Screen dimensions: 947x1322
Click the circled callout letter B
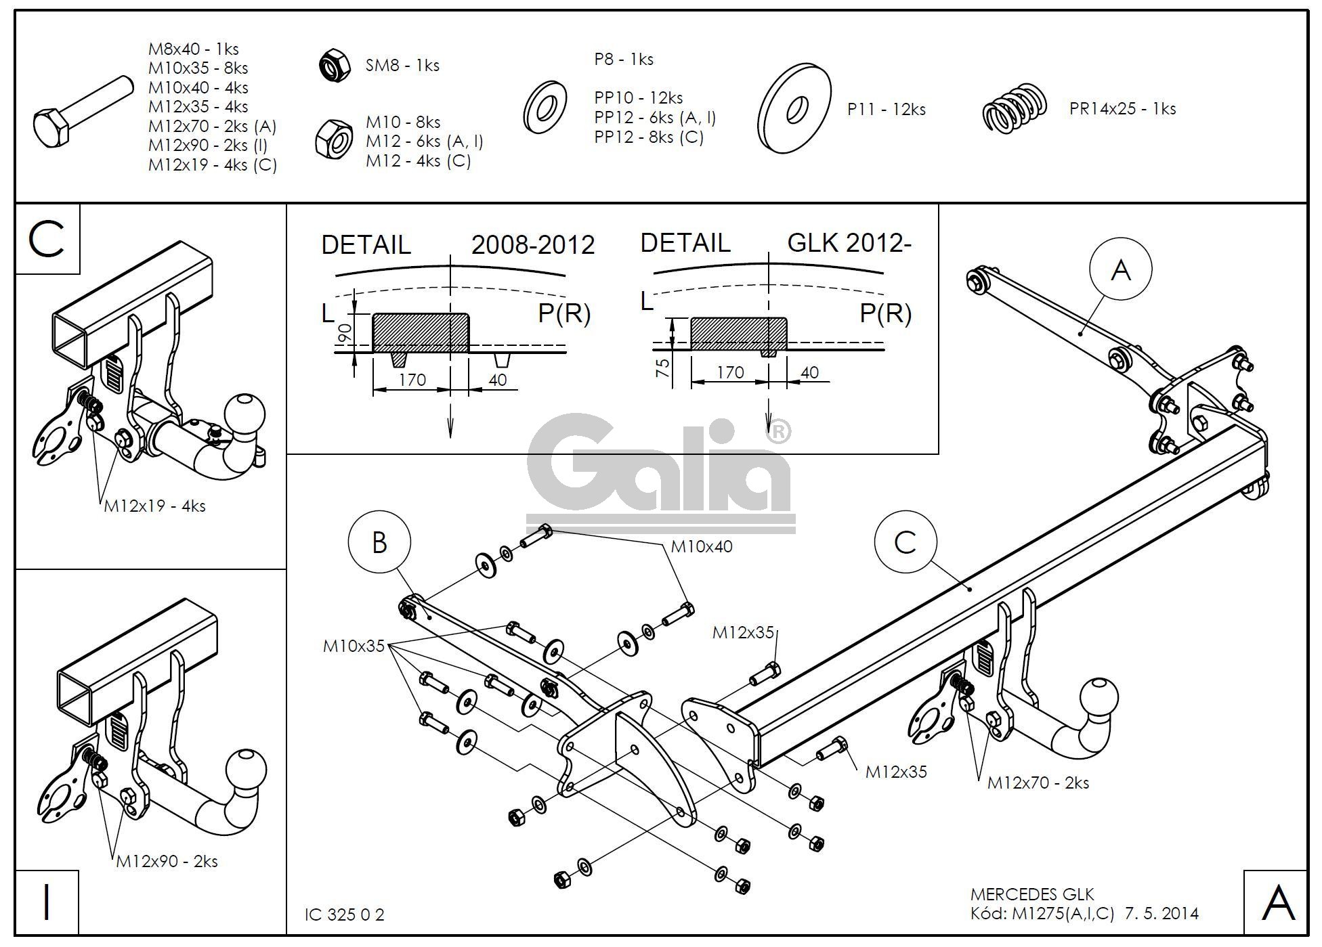(x=379, y=542)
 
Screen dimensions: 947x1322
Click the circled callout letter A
(x=1120, y=270)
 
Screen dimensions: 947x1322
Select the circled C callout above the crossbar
(x=905, y=542)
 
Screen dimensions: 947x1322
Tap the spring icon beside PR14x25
(x=1014, y=108)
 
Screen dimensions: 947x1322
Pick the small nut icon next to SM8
(x=334, y=66)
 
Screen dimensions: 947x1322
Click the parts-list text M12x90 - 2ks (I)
(x=208, y=146)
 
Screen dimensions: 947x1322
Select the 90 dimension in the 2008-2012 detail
(x=344, y=333)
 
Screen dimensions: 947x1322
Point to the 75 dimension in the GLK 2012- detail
(x=663, y=367)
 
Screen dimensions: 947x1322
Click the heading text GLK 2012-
(x=849, y=243)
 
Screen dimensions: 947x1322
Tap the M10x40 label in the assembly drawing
(x=701, y=546)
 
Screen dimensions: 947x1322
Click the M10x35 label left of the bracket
(x=354, y=646)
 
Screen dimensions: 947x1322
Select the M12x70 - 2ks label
(x=1038, y=783)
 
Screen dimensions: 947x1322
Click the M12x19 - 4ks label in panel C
(x=154, y=506)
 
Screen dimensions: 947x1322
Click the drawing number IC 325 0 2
(x=345, y=915)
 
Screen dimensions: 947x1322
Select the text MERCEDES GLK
(x=1032, y=895)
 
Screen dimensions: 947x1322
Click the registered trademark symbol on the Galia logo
(x=780, y=431)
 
